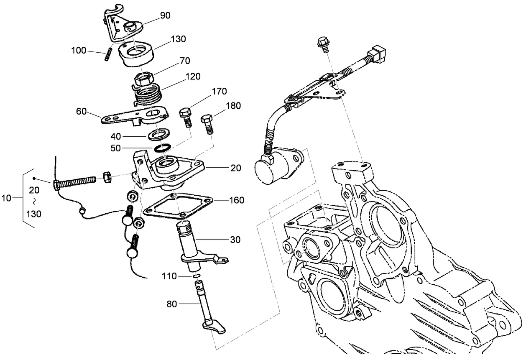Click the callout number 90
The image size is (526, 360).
tap(166, 15)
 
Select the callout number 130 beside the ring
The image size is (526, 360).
tap(179, 39)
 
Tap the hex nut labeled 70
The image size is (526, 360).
tap(143, 78)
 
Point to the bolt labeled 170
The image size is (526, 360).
tap(186, 118)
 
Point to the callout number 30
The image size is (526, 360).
tap(235, 240)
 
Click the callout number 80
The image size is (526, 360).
tap(172, 304)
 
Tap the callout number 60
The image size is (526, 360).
tap(82, 111)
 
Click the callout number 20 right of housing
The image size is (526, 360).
tap(235, 168)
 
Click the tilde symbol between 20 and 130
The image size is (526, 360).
tap(34, 202)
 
